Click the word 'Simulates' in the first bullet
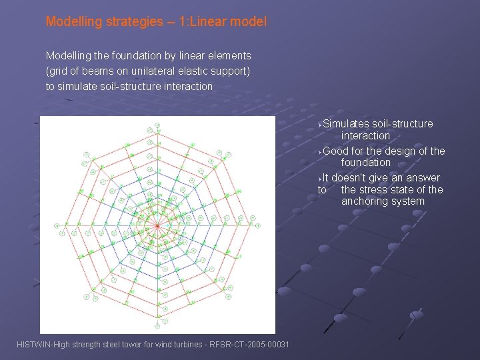pyautogui.click(x=347, y=124)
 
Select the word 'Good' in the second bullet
pyautogui.click(x=336, y=151)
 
